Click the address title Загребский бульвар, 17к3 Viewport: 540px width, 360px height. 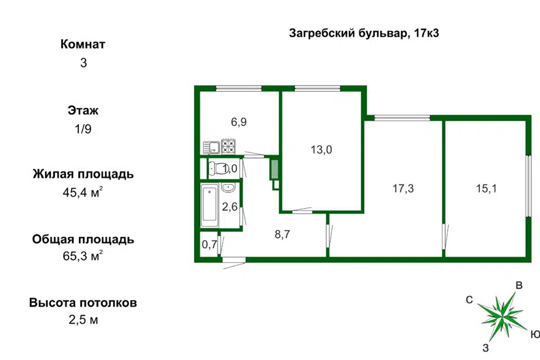364,33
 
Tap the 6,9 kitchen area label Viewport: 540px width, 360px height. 238,122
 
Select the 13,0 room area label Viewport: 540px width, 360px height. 321,150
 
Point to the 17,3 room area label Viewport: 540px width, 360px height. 403,188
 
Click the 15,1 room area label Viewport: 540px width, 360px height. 486,188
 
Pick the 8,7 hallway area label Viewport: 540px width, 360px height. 282,234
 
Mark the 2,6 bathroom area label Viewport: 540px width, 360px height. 229,206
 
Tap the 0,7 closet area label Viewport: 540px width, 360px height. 209,245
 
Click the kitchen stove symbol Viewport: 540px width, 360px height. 228,146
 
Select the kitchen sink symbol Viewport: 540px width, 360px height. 211,147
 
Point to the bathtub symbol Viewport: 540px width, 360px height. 210,206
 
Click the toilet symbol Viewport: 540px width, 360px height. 217,169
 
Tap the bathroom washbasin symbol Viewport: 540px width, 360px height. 228,188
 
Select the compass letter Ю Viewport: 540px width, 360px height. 535,334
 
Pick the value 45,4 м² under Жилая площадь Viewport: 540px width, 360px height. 83,192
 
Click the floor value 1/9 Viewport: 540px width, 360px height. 83,129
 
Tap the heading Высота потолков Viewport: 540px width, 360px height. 83,303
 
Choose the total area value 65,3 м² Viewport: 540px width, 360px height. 83,255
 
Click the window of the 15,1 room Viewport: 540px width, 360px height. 529,186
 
